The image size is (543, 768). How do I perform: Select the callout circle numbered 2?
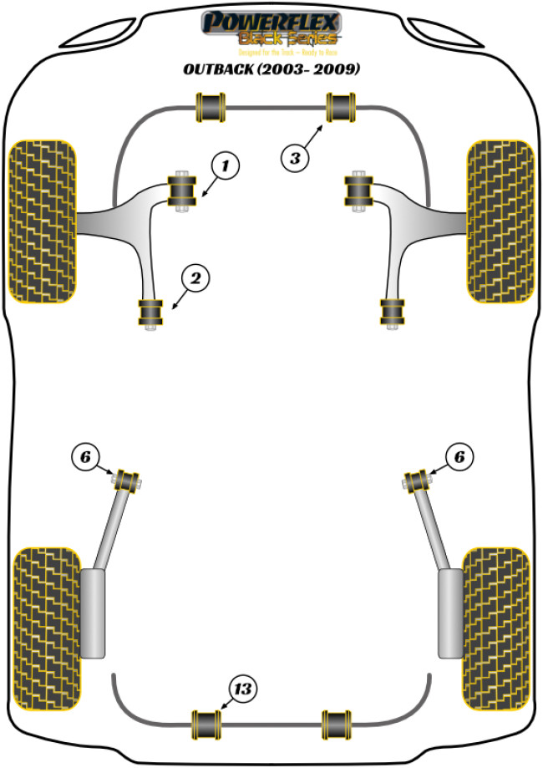[195, 279]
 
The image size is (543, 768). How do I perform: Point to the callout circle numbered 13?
[243, 689]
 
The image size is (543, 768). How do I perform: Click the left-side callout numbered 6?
[85, 456]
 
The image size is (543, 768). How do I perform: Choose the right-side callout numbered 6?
[459, 456]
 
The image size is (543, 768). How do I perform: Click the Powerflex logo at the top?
[271, 29]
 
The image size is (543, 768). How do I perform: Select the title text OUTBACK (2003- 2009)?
[271, 69]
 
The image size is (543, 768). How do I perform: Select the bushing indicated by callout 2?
[151, 313]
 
